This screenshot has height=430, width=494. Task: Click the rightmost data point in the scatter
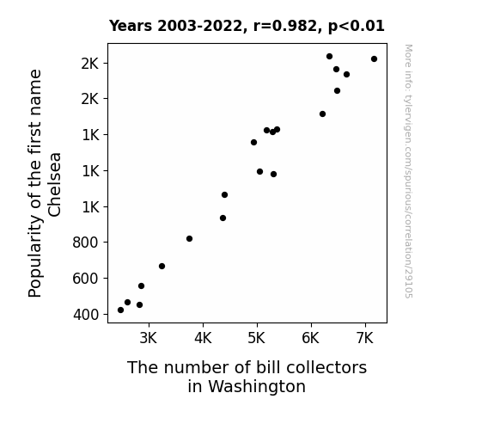tap(374, 59)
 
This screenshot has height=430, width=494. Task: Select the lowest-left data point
tap(120, 310)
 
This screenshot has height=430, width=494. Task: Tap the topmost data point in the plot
tap(329, 57)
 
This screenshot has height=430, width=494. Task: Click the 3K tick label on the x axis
tap(149, 338)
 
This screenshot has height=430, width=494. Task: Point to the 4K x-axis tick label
tap(203, 338)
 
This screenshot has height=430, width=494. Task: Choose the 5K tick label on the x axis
tap(257, 338)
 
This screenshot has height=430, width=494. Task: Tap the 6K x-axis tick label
tap(311, 338)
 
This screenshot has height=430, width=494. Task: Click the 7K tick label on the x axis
tap(365, 338)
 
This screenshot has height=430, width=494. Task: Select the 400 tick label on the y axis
tap(86, 315)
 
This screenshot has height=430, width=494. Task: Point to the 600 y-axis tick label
tap(86, 279)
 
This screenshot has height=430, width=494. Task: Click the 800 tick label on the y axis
tap(86, 243)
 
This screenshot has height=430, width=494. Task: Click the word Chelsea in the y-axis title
tap(54, 185)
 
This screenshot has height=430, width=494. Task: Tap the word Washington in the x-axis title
tap(247, 386)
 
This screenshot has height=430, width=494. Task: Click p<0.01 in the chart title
tap(357, 26)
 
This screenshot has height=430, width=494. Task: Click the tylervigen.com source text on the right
tap(409, 171)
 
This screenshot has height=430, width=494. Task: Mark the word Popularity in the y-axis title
tap(34, 256)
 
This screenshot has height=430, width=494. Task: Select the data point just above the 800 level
tap(189, 238)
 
